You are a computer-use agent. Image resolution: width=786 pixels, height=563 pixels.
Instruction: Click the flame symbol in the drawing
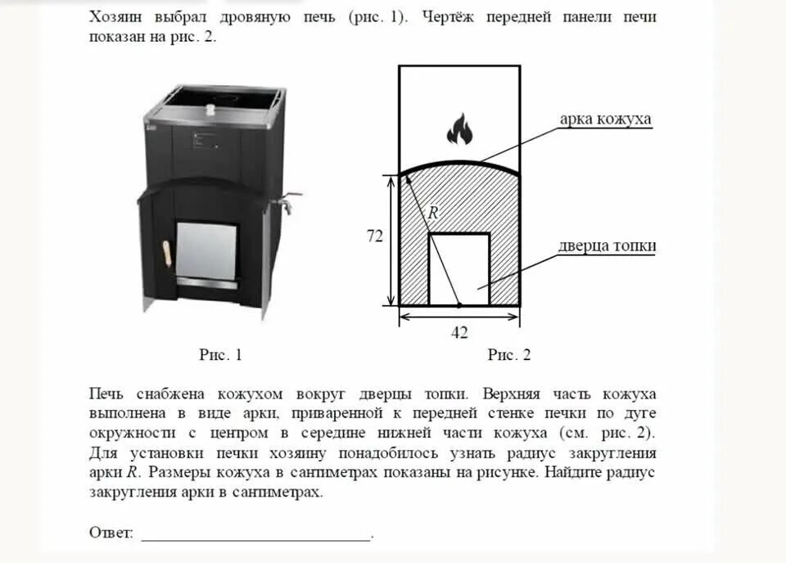[x=459, y=128]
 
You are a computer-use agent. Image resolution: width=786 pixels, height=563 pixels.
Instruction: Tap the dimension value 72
[x=374, y=236]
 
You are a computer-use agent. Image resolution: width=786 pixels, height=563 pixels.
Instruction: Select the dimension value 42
[x=459, y=331]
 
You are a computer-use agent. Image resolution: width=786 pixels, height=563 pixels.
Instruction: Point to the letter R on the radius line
[x=433, y=212]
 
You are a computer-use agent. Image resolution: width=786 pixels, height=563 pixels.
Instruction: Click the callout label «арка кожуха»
[x=605, y=119]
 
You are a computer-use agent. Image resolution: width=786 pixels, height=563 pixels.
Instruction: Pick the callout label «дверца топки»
[x=608, y=246]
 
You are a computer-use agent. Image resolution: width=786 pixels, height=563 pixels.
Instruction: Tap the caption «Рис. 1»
[x=220, y=354]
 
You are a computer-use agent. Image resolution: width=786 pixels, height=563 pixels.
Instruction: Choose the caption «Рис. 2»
[x=509, y=354]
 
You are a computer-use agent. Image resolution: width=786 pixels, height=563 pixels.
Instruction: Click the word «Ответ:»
[x=111, y=533]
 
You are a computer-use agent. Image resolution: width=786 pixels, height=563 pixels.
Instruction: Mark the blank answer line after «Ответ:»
[x=255, y=536]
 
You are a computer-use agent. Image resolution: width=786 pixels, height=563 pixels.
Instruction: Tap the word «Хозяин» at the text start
[x=118, y=17]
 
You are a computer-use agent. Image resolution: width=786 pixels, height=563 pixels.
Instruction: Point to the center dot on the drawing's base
[x=459, y=304]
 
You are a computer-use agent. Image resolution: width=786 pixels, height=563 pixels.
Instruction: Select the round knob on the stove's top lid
[x=210, y=106]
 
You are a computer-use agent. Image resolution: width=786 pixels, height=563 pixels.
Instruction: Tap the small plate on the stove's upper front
[x=206, y=140]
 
